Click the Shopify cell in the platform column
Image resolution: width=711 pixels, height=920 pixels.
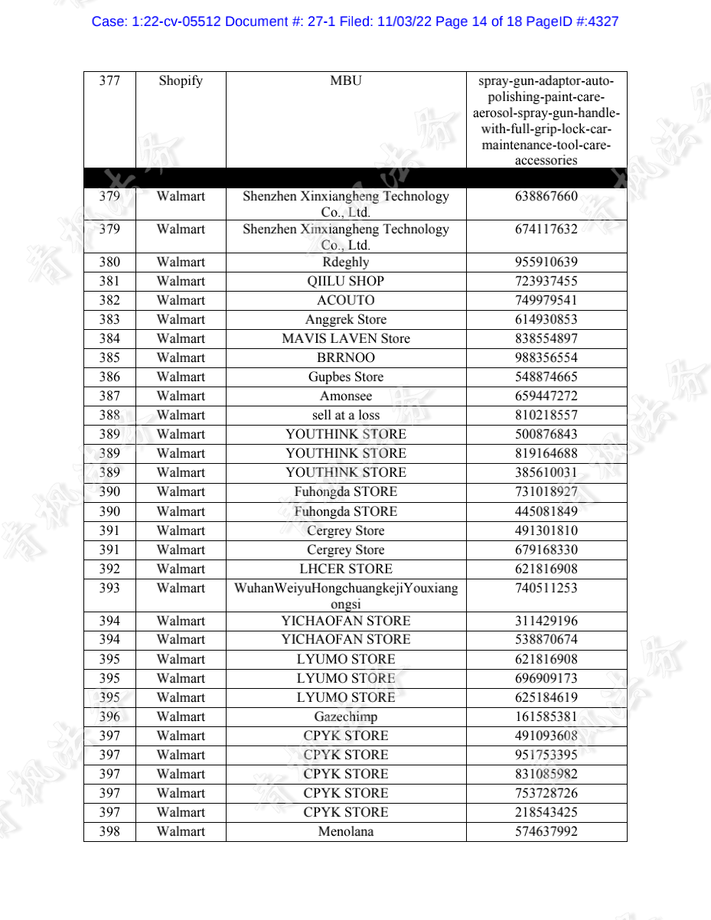point(181,81)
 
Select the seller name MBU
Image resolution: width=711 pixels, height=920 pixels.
point(346,81)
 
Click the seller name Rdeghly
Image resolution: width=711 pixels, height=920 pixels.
point(346,262)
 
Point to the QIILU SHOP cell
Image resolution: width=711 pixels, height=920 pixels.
point(346,281)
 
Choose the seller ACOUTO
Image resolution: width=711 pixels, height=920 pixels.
point(346,300)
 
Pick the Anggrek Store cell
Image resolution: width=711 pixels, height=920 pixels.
point(346,319)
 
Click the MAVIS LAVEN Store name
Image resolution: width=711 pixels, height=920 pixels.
point(346,338)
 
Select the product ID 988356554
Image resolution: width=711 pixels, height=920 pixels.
point(546,357)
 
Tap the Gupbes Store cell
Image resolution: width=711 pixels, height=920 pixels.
point(346,377)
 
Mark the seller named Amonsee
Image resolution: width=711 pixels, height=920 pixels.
point(346,396)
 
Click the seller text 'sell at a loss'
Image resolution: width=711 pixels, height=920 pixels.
point(346,415)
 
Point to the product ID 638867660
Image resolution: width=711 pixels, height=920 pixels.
point(546,196)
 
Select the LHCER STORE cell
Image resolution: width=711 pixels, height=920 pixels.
point(346,569)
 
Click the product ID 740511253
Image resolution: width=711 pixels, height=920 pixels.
point(546,588)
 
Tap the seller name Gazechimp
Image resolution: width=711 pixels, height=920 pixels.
point(346,716)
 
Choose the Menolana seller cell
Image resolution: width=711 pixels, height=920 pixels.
point(346,831)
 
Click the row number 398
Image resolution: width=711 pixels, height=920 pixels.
point(109,831)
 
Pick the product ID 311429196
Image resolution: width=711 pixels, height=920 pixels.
point(546,621)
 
